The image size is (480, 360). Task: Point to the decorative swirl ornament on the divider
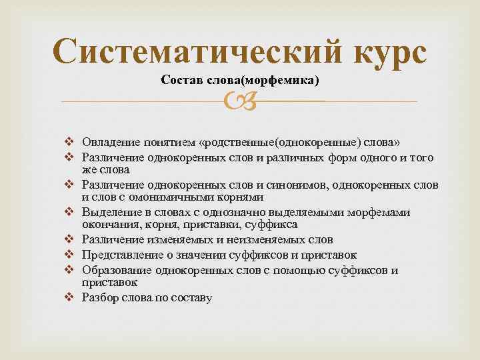[x=239, y=101]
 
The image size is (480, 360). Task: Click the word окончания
[x=105, y=224]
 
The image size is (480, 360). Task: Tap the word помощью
[x=295, y=271]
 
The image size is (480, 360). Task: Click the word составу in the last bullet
[x=192, y=298]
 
